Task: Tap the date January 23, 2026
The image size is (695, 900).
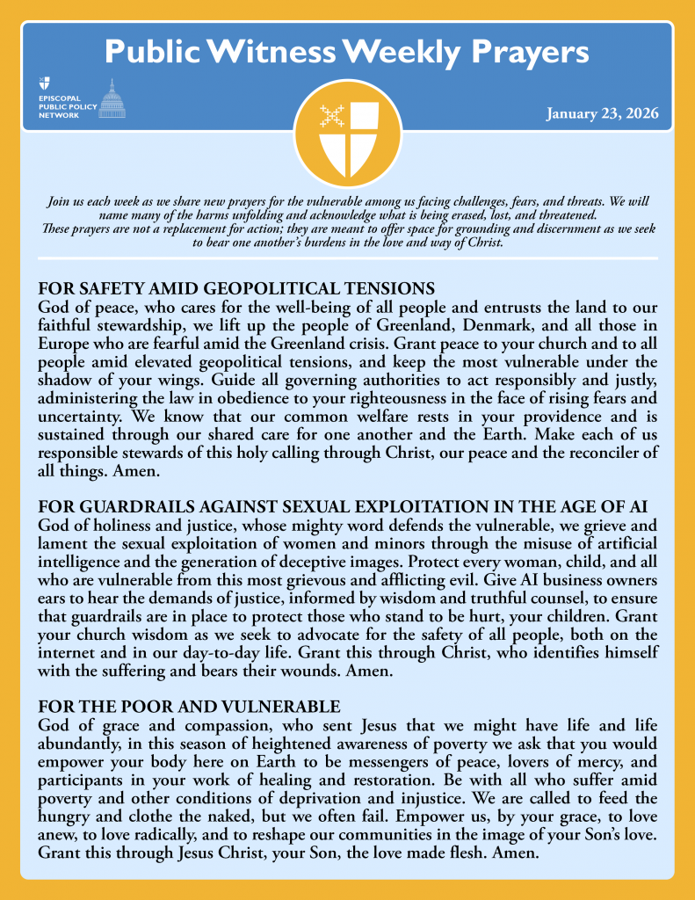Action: pyautogui.click(x=602, y=113)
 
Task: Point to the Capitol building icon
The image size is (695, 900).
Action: pyautogui.click(x=112, y=99)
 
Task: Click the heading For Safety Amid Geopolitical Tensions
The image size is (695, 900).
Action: pyautogui.click(x=237, y=288)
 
